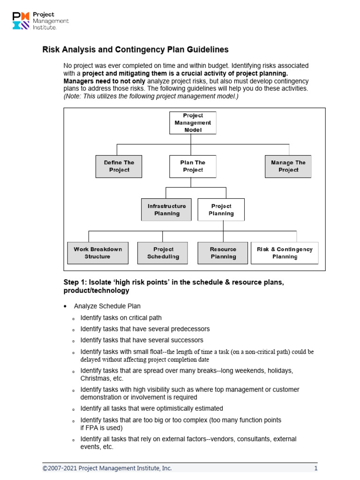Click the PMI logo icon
20,21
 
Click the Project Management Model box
193,123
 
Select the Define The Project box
119,166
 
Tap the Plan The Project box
193,166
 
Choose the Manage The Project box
288,166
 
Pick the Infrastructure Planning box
166,210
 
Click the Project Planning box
221,210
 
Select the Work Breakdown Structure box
97,253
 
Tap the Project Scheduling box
163,253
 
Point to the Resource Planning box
223,253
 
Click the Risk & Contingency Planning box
285,253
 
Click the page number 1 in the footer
316,468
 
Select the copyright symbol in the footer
45,468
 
